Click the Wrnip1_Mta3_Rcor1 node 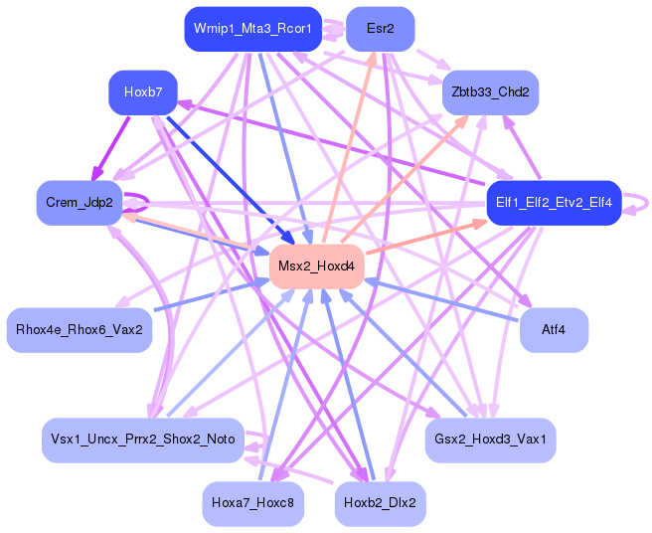252,29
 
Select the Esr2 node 380,29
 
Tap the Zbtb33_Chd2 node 490,92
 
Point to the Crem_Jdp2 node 79,203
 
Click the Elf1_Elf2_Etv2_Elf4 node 553,203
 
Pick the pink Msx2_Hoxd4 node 316,266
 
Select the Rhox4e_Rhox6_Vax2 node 79,329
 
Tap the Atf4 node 554,329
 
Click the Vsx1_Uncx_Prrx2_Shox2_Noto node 142,439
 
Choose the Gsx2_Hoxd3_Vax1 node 490,439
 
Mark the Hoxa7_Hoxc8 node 252,504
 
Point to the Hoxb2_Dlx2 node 380,504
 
